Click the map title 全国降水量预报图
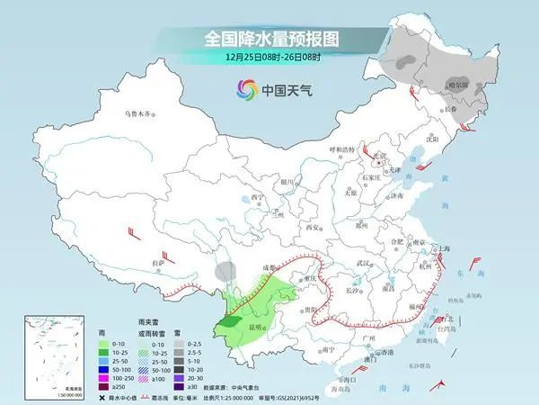[x=269, y=40]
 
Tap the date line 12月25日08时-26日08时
[x=269, y=59]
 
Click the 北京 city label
[x=383, y=157]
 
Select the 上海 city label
[x=443, y=247]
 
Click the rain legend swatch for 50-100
[x=106, y=369]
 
